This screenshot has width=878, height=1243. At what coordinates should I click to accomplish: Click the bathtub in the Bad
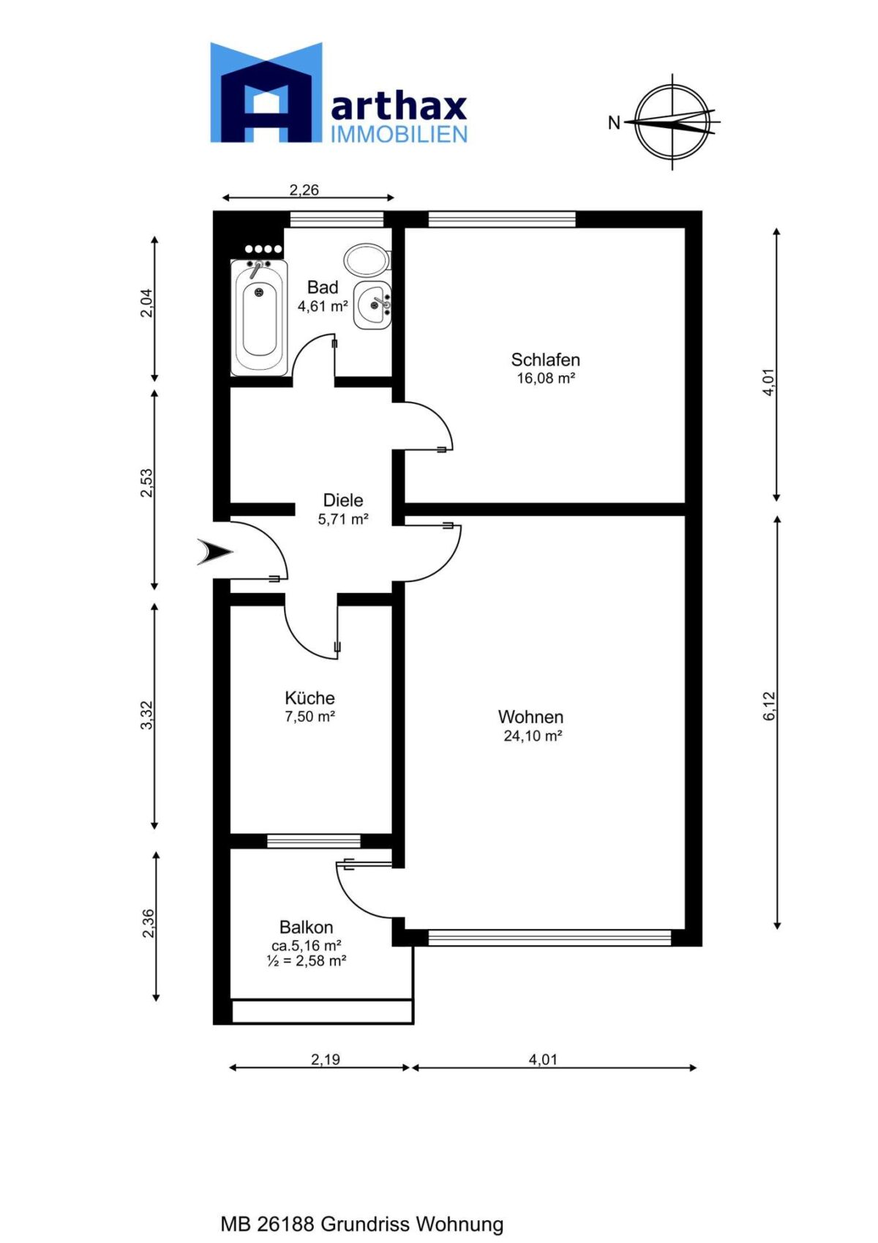(259, 317)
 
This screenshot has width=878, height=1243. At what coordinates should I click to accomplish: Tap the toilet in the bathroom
(367, 260)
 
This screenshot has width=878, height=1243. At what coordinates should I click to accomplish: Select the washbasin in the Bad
(372, 305)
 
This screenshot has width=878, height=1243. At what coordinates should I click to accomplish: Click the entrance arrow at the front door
(214, 552)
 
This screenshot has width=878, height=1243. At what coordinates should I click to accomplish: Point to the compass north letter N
(614, 123)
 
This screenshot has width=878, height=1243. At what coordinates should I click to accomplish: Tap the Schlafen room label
(545, 359)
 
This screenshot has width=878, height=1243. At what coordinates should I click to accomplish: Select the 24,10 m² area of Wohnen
(533, 736)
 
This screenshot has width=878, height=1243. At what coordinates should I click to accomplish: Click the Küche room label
(309, 698)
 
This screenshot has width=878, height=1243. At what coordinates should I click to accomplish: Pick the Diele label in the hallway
(342, 500)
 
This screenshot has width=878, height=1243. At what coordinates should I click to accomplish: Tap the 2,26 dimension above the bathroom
(304, 190)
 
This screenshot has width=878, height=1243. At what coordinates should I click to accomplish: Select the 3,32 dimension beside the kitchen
(146, 716)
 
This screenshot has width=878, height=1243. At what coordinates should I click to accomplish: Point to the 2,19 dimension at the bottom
(325, 1059)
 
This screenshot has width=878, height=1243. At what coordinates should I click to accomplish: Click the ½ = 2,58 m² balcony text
(306, 960)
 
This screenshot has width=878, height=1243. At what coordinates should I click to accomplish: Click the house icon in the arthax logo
(266, 92)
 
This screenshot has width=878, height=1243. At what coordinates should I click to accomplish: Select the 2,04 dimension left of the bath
(146, 304)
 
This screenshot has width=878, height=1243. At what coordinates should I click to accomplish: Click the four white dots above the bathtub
(263, 249)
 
